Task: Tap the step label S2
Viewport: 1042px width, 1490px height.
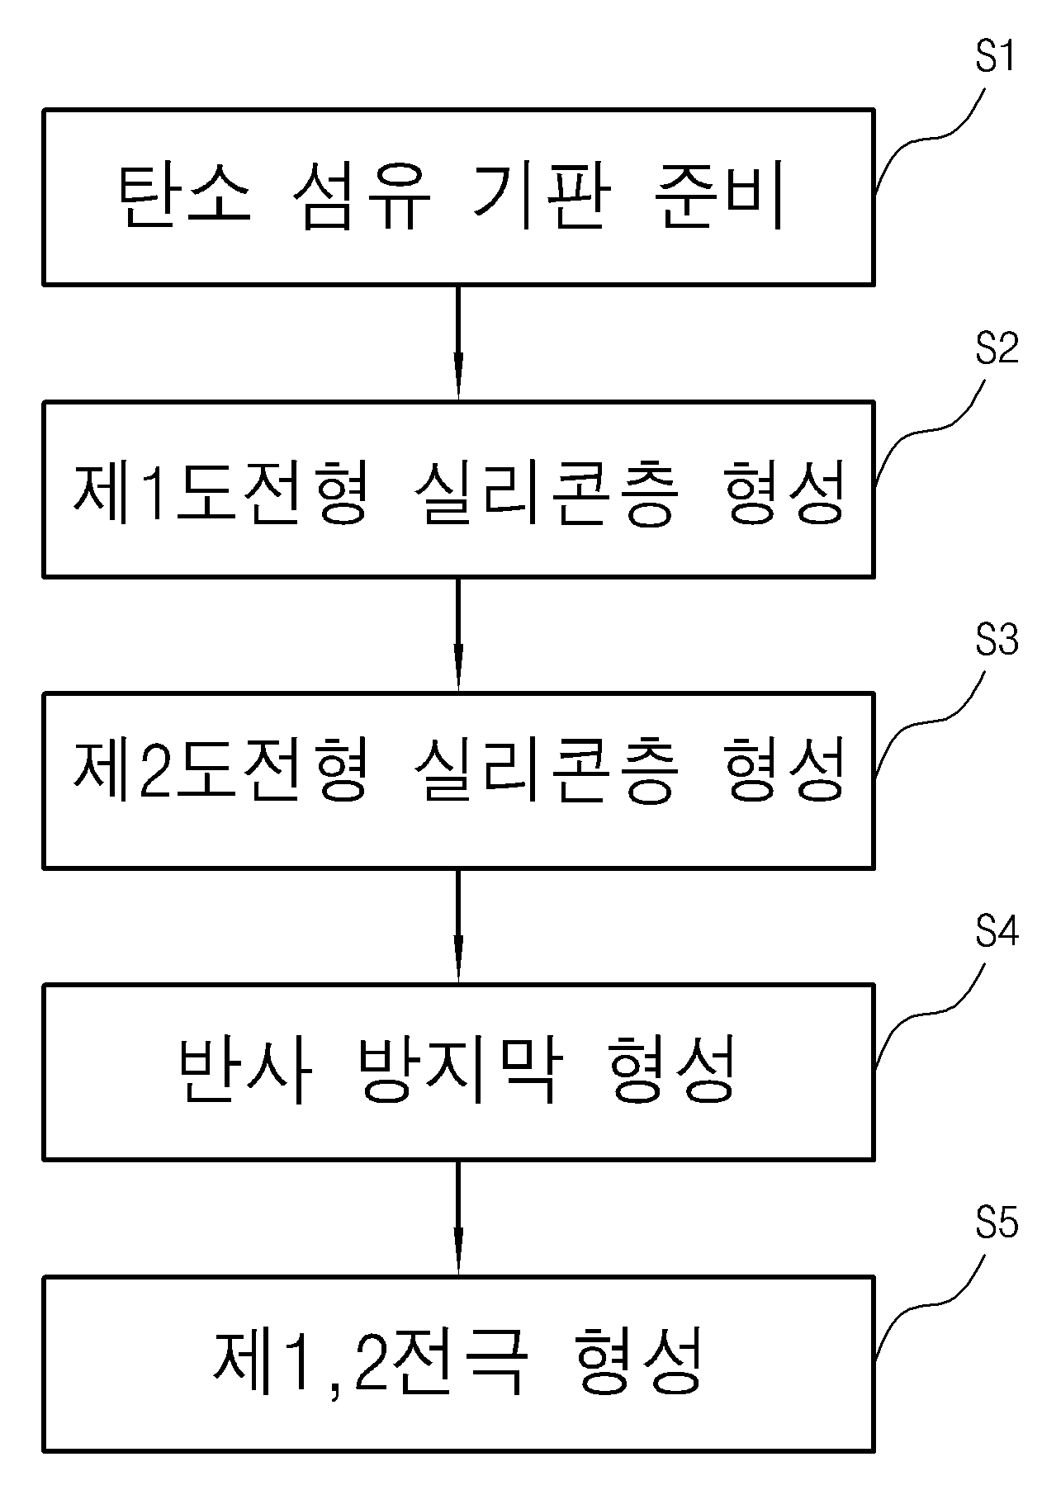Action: tap(997, 350)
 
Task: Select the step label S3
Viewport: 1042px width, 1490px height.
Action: tap(997, 641)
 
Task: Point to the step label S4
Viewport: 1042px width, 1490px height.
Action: tap(997, 933)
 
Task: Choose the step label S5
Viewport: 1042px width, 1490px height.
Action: tap(997, 1224)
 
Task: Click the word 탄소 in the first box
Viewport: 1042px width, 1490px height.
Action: tap(186, 198)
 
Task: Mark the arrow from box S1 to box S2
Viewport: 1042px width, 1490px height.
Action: tap(458, 343)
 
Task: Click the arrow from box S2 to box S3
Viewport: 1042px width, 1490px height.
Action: tap(458, 635)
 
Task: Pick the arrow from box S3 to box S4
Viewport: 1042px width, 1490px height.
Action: tap(458, 926)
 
